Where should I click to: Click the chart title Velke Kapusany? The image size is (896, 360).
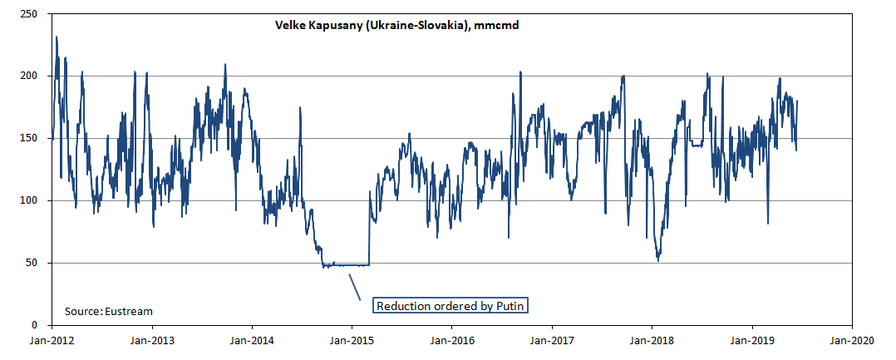[x=396, y=26]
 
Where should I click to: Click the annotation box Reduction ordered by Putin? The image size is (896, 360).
[x=450, y=306]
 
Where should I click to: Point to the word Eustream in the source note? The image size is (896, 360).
[x=129, y=311]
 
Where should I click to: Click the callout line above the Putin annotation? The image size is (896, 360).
[x=354, y=287]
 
